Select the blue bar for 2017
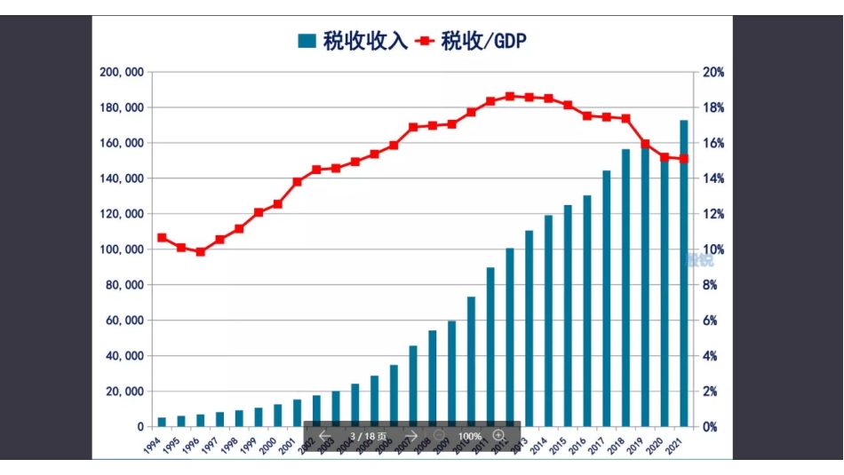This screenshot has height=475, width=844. click(x=607, y=298)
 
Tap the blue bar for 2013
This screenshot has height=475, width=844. click(x=529, y=329)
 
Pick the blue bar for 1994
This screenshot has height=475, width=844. click(x=162, y=422)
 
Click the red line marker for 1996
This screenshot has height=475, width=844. click(x=201, y=251)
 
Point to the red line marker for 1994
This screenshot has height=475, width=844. click(x=162, y=237)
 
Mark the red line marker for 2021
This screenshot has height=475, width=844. click(x=684, y=159)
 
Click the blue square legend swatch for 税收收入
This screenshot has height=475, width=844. click(x=307, y=41)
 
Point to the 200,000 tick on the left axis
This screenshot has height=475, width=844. click(x=121, y=72)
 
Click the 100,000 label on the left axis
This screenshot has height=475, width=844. click(x=121, y=249)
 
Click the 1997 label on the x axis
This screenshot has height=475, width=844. click(x=206, y=442)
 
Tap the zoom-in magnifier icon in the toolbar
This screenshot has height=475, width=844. click(x=499, y=436)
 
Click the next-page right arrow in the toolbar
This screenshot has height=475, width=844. click(x=412, y=436)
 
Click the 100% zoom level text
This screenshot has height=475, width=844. click(x=470, y=436)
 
